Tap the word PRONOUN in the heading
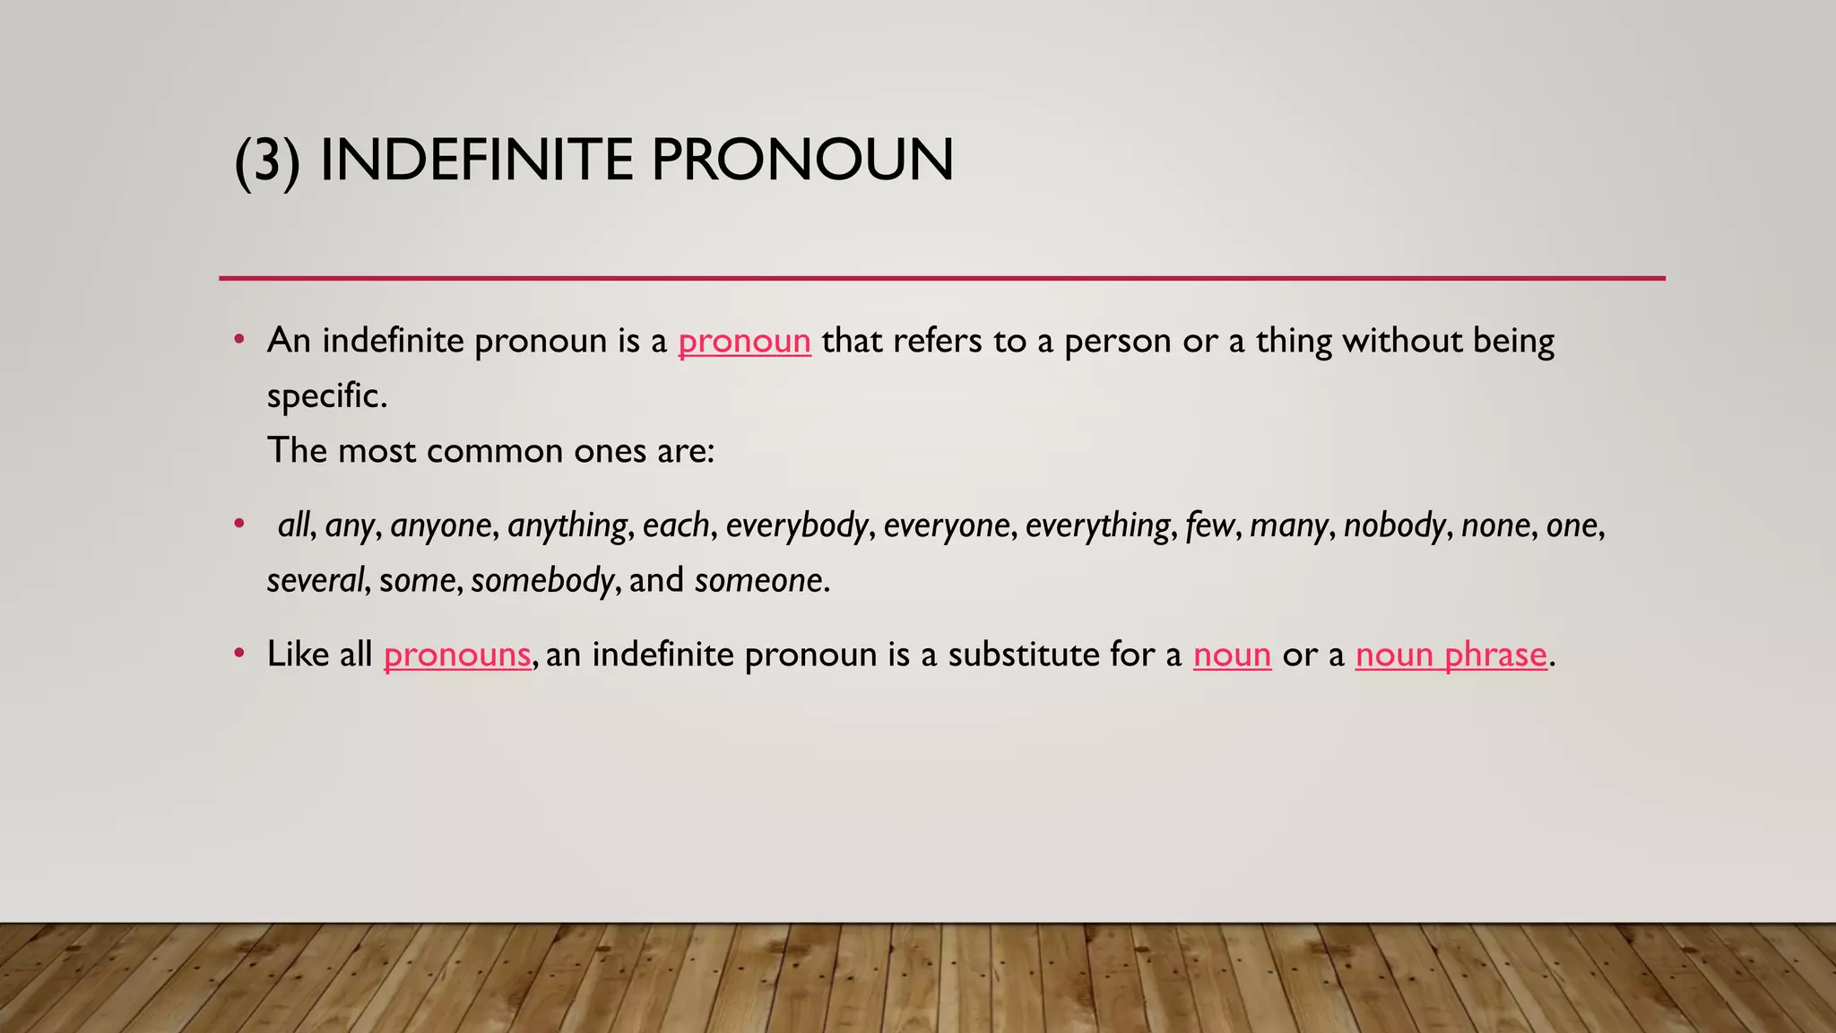801,161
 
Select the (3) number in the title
266,161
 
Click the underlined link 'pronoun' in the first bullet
744,342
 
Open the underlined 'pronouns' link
457,655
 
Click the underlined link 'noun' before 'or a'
1232,655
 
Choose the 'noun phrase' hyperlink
1451,655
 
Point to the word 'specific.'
327,396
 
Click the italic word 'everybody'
797,525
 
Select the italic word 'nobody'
1395,525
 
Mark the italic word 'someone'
759,581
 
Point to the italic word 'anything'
567,525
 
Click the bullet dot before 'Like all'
238,654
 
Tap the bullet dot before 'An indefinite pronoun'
238,340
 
